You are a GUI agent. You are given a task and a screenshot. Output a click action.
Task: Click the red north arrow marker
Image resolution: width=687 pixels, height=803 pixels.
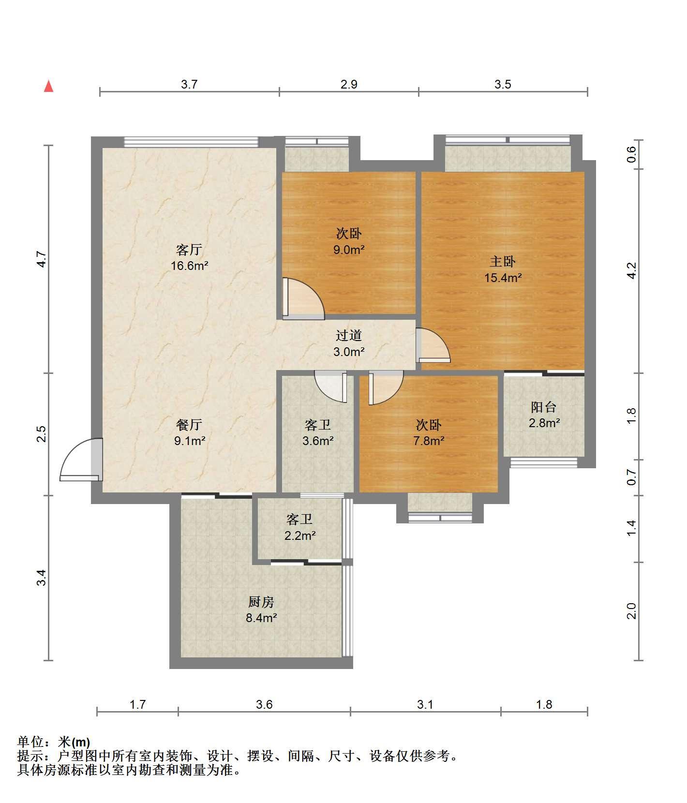[48, 86]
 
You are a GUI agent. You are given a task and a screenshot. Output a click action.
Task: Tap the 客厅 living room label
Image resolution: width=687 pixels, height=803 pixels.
[189, 250]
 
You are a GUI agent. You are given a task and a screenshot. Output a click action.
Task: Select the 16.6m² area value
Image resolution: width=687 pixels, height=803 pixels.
[189, 266]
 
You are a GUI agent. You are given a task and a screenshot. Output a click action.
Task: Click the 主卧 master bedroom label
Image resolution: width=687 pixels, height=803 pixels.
[503, 262]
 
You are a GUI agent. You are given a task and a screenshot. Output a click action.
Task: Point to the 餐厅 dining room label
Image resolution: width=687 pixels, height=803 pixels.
[189, 425]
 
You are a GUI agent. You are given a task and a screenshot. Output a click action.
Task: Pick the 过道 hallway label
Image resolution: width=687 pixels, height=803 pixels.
[349, 335]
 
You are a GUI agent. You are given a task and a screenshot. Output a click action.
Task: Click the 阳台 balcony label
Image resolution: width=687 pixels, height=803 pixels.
[544, 407]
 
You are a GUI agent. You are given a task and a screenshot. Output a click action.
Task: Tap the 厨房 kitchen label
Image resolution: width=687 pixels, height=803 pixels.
[261, 602]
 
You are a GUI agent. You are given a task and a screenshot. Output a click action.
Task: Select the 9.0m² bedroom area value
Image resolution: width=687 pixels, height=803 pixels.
[348, 250]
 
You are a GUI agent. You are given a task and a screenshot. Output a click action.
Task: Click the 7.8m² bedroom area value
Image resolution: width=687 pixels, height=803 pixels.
[429, 441]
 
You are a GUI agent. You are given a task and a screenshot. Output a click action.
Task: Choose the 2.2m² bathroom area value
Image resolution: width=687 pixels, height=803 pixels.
[299, 535]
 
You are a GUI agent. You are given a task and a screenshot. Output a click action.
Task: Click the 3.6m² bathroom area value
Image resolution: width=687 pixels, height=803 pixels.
[318, 441]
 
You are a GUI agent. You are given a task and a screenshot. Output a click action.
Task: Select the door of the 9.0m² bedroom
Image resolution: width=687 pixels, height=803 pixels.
[303, 298]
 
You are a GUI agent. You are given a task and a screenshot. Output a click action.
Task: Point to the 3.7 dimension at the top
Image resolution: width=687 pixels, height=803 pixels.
[189, 84]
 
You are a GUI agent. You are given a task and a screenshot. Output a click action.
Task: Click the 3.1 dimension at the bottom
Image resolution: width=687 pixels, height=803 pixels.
[425, 704]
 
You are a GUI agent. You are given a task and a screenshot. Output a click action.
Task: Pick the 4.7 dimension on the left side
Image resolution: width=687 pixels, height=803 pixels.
[42, 259]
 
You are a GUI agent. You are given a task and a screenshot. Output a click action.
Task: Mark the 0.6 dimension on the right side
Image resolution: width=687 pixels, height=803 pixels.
[631, 154]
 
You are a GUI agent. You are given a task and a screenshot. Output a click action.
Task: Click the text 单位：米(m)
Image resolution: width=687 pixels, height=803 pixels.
[54, 742]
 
